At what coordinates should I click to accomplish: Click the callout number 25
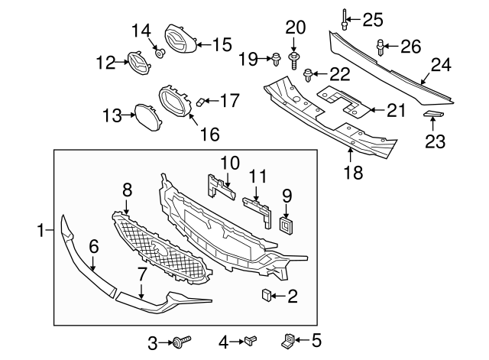coord(372,18)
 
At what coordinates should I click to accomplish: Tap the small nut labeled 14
coord(160,53)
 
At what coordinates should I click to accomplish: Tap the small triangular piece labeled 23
coord(433,115)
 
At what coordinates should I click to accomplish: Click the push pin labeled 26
coord(381,49)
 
